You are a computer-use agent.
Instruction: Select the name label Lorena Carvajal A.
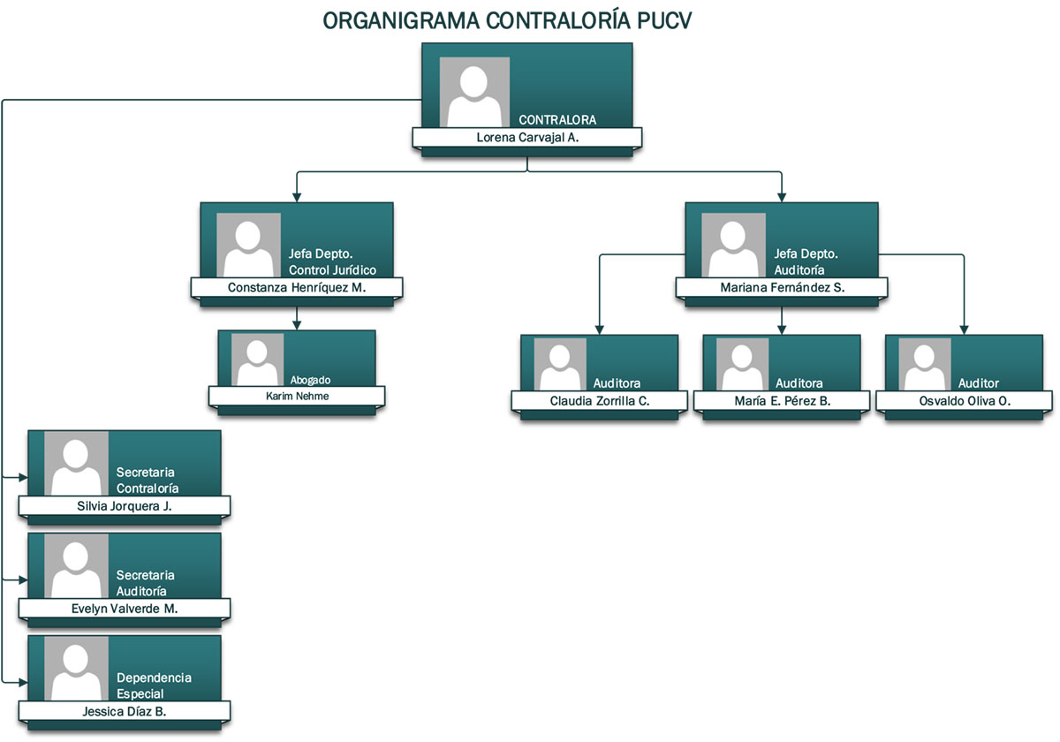527,138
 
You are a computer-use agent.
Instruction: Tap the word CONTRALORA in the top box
557,120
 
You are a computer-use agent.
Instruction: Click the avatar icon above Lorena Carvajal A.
474,92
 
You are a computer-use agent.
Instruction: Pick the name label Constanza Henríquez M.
297,288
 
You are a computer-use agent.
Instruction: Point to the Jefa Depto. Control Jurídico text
332,262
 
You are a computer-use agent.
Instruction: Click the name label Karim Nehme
297,396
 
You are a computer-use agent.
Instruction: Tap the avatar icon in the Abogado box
257,360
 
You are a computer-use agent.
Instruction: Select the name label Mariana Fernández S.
782,288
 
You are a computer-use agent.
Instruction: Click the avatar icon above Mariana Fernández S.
733,246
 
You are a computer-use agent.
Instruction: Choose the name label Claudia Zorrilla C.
600,401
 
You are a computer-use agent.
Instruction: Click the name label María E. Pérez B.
782,401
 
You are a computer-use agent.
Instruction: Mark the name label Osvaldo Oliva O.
965,401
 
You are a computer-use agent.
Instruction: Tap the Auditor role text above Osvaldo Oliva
979,383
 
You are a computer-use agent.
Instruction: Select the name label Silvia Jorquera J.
125,506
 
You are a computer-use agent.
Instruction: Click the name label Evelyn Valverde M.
125,609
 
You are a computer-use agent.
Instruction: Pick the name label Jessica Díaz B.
125,711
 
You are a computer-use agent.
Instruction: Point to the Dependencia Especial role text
154,685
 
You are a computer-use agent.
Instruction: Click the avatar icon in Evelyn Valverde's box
76,565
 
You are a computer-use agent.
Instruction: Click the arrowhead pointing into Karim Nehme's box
297,325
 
